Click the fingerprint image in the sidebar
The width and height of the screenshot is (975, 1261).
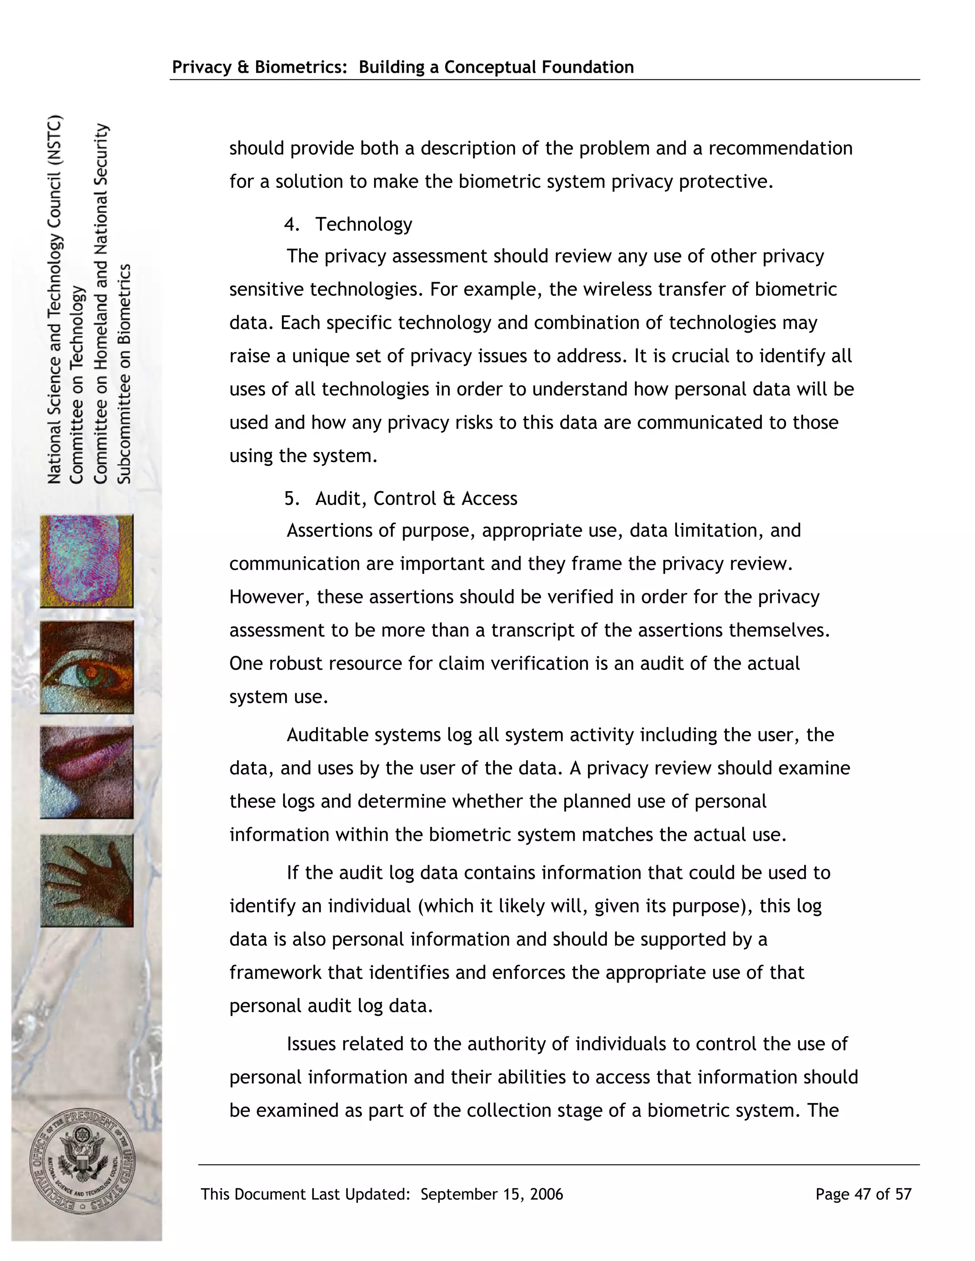tap(87, 561)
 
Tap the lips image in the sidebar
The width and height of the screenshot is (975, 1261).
tap(87, 772)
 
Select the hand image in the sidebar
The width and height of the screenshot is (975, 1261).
tap(87, 880)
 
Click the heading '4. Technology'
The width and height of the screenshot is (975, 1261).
tap(348, 224)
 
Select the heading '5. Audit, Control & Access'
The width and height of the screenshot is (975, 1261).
tap(401, 498)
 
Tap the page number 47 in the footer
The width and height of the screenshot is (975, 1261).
tap(862, 1194)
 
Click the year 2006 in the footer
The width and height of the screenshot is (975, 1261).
tap(546, 1194)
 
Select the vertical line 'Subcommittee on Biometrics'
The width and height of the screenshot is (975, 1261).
tap(125, 374)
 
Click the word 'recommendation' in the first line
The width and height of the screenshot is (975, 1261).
tap(780, 148)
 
